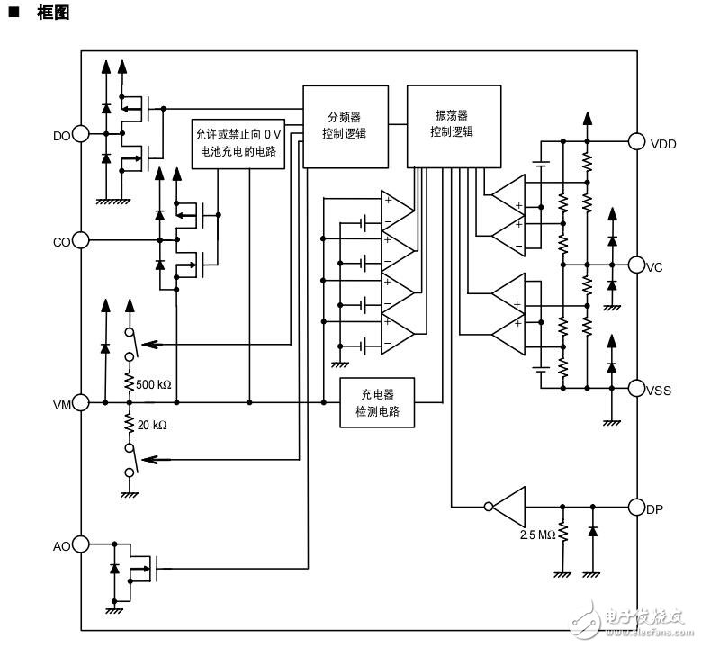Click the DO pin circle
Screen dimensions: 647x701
(x=81, y=134)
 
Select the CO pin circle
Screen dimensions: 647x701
(x=81, y=240)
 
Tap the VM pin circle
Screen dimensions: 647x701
(x=81, y=403)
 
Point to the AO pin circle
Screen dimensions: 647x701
(x=81, y=544)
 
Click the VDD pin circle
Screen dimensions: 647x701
(x=637, y=141)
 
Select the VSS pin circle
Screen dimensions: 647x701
(x=637, y=389)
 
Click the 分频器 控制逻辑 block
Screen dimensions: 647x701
(x=346, y=126)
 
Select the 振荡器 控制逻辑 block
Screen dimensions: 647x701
(x=453, y=125)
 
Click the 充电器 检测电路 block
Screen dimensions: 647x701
(x=377, y=402)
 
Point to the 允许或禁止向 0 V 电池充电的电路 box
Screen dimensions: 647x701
(x=238, y=143)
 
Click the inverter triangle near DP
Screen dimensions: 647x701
(x=508, y=506)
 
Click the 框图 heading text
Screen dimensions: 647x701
(x=52, y=13)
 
